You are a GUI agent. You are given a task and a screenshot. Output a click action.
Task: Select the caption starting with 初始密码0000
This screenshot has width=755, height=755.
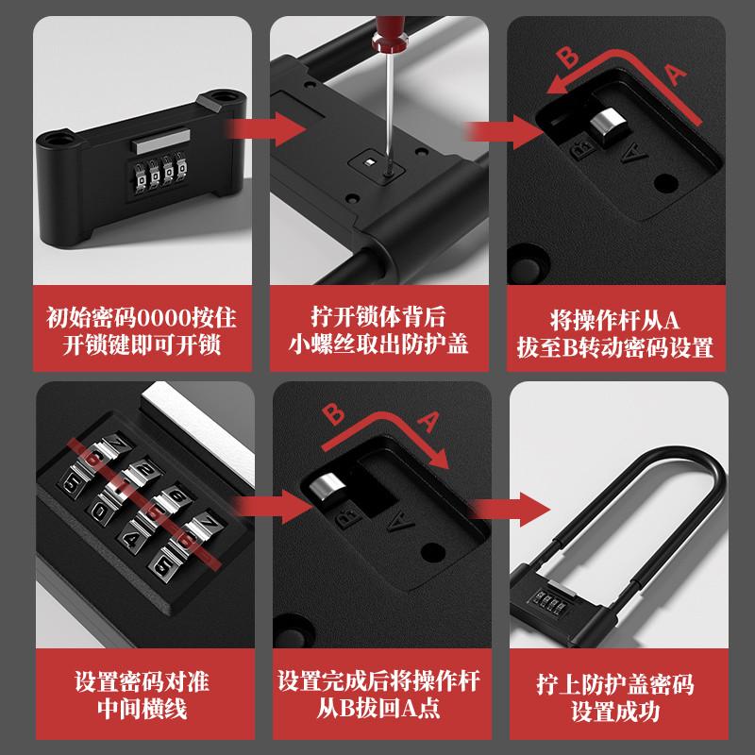pyautogui.click(x=134, y=330)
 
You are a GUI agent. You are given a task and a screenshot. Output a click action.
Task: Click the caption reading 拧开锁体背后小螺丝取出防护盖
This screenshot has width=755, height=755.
pyautogui.click(x=377, y=330)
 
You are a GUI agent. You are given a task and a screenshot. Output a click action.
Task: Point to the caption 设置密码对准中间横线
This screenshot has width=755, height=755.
pyautogui.click(x=134, y=694)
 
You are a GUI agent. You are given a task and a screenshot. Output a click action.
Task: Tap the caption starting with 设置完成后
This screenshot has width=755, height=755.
pyautogui.click(x=377, y=694)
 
